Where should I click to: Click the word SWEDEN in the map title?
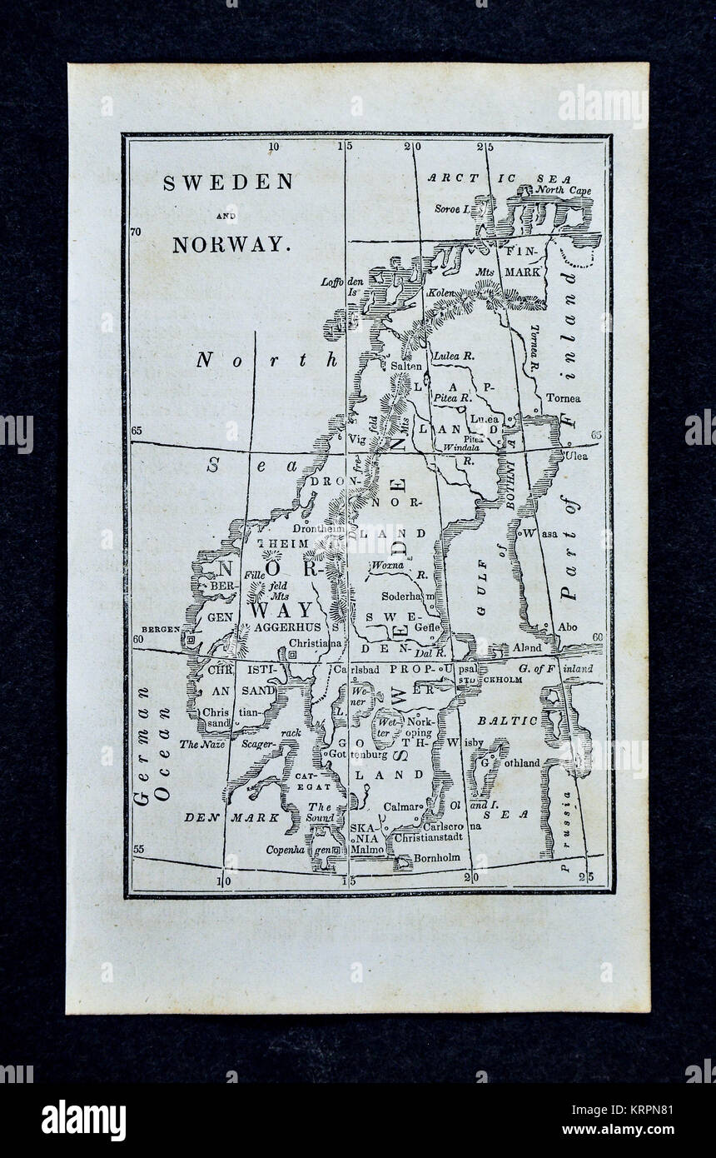[227, 182]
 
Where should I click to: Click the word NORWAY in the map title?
[231, 245]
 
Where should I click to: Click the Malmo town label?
[368, 851]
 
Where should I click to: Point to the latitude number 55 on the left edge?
[138, 849]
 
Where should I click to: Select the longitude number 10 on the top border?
[273, 147]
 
